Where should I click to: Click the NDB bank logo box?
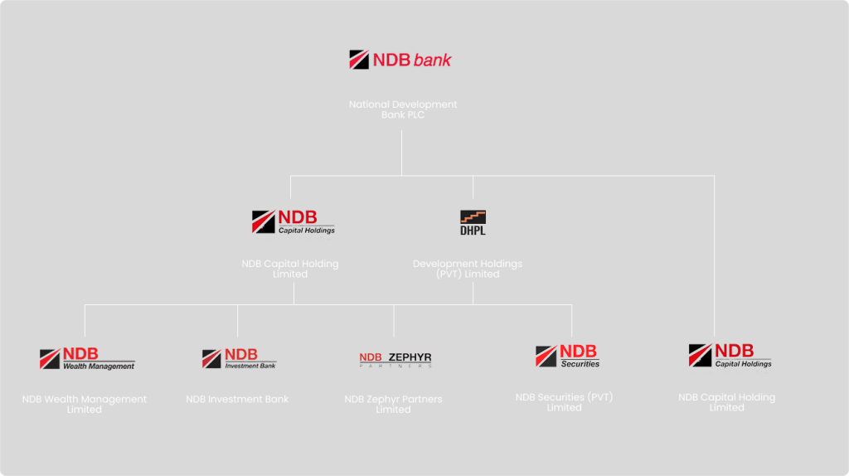pyautogui.click(x=401, y=61)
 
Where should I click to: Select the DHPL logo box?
pyautogui.click(x=473, y=223)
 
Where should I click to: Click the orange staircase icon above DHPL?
pyautogui.click(x=473, y=217)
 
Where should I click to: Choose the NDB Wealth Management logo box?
pyautogui.click(x=87, y=358)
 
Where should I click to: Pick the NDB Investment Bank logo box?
pyautogui.click(x=240, y=358)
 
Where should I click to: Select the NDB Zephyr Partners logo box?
pyautogui.click(x=395, y=358)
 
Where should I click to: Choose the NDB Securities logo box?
pyautogui.click(x=567, y=357)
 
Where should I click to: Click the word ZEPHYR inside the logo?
pyautogui.click(x=410, y=357)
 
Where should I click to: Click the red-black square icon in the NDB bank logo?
pyautogui.click(x=359, y=60)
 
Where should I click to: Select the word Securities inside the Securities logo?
pyautogui.click(x=580, y=364)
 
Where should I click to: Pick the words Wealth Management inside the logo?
pyautogui.click(x=99, y=367)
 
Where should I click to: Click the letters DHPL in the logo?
pyautogui.click(x=473, y=230)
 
